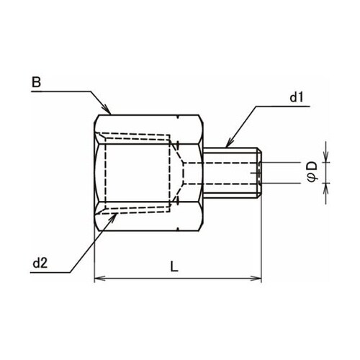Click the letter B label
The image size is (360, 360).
click(x=35, y=83)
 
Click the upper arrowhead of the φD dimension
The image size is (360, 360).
click(x=325, y=158)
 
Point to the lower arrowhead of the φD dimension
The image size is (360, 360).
click(x=325, y=186)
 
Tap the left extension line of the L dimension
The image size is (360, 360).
click(x=94, y=256)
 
